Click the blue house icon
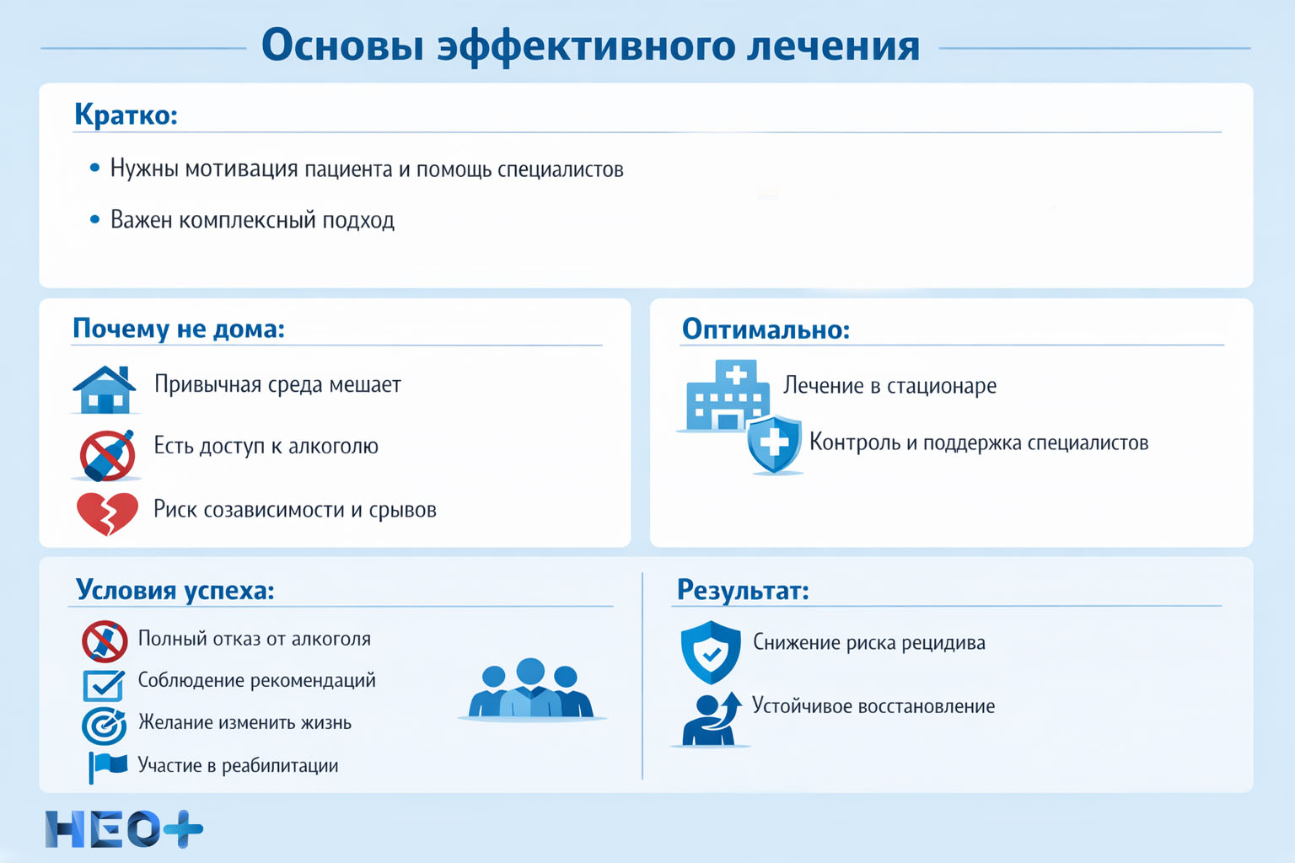105,389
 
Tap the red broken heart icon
107,512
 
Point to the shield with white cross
774,443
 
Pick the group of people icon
530,689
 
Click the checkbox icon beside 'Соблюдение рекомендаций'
104,683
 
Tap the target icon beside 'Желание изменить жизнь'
105,725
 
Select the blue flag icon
107,766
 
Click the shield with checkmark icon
711,651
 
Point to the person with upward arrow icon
711,720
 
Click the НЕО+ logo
124,829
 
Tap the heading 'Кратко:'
126,114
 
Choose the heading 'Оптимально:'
766,329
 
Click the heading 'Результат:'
743,590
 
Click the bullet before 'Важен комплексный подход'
94,220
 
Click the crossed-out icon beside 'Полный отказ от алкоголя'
105,641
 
